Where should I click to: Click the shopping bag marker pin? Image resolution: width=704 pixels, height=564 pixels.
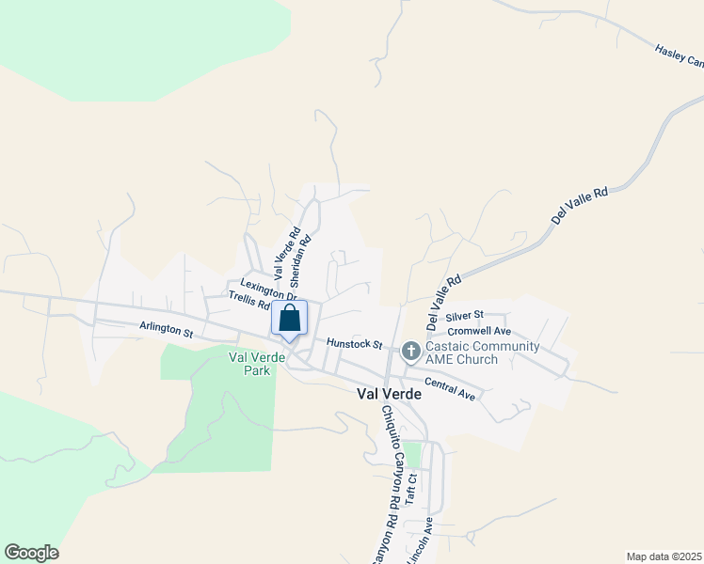(290, 318)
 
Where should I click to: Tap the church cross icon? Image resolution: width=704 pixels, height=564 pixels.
(409, 352)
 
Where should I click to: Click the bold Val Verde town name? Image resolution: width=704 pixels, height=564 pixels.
(389, 395)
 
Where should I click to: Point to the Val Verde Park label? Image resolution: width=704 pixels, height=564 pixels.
(249, 364)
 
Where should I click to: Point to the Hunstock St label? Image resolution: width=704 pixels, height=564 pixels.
(353, 344)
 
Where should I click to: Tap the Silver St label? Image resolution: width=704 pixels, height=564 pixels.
(464, 315)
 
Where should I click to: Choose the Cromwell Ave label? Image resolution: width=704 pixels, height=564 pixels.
(479, 331)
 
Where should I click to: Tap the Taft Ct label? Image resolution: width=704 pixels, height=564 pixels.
(410, 490)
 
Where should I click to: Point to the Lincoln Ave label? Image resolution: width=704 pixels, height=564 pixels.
(418, 540)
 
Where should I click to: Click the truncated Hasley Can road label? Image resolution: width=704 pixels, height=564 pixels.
(679, 56)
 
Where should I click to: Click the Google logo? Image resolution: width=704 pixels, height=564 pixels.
(31, 553)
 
